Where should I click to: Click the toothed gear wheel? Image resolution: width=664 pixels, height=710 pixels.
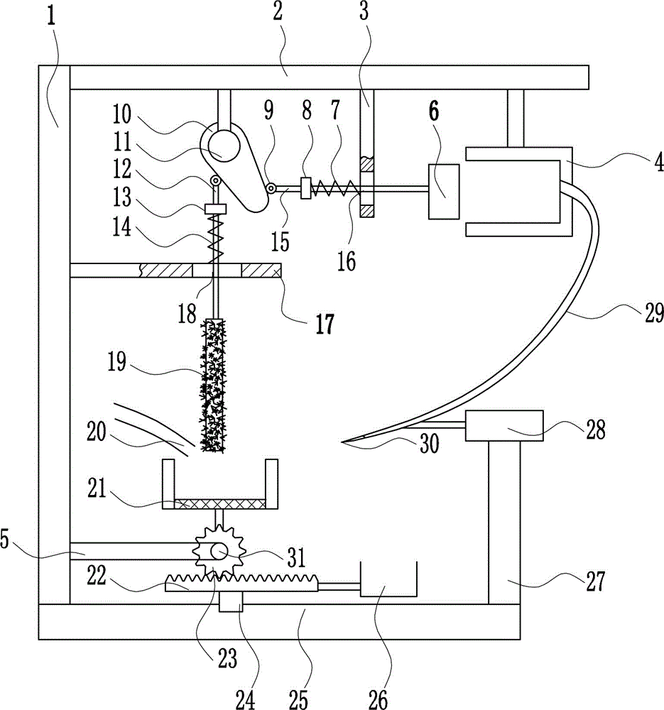[219, 552]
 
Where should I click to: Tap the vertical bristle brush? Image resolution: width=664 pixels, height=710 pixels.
[214, 385]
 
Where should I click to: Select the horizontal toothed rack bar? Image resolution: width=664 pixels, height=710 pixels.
[242, 583]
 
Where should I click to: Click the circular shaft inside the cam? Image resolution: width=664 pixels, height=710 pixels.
[224, 146]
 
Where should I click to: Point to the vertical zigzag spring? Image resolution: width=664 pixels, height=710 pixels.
[216, 239]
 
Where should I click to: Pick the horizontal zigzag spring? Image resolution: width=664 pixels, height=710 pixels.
[336, 187]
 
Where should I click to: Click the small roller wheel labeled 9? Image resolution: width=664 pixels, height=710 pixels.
[271, 188]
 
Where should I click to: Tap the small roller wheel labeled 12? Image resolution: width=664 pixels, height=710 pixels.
[216, 182]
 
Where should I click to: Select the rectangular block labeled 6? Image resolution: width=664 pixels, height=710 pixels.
[444, 192]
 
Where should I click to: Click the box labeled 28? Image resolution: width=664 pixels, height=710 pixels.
[504, 425]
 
